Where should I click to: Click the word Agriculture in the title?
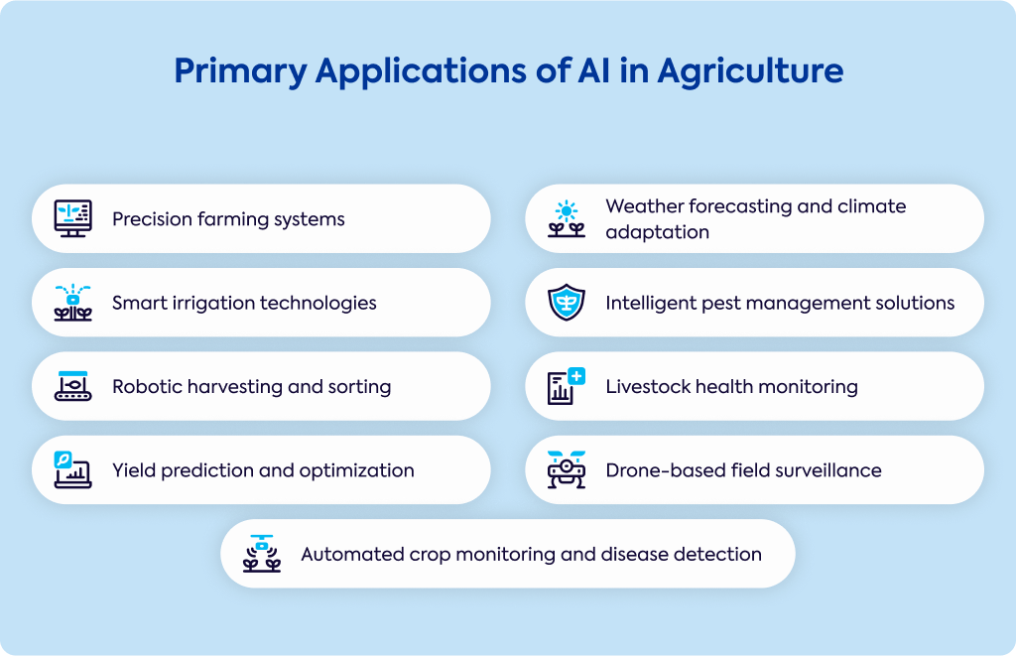[x=750, y=72]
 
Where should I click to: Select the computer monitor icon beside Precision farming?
[x=72, y=218]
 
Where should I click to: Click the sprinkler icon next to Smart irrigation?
[x=72, y=302]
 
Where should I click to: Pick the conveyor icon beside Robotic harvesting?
[x=72, y=386]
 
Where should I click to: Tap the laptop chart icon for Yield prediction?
[x=72, y=469]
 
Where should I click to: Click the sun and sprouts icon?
[x=567, y=218]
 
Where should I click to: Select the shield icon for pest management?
[x=567, y=302]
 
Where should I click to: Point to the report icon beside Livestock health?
[x=567, y=386]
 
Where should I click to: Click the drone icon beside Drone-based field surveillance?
[x=567, y=469]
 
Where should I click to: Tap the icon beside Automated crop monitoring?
[x=262, y=554]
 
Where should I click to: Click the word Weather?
[x=644, y=206]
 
